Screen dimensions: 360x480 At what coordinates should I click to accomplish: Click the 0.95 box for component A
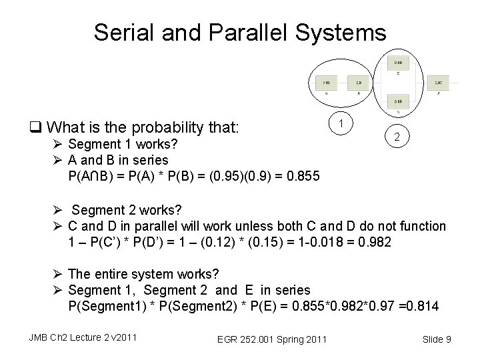(x=326, y=83)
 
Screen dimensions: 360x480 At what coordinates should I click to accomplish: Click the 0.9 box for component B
(x=359, y=83)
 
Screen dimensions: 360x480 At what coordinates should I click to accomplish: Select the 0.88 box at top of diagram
(x=396, y=63)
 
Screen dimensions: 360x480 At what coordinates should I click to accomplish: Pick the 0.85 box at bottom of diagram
(x=397, y=101)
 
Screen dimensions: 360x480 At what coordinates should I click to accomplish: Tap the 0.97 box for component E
(x=438, y=83)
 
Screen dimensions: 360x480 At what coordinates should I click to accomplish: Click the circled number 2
(x=396, y=137)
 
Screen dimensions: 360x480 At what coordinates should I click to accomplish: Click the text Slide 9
(x=436, y=340)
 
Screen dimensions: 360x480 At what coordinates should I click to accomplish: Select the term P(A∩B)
(x=91, y=176)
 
